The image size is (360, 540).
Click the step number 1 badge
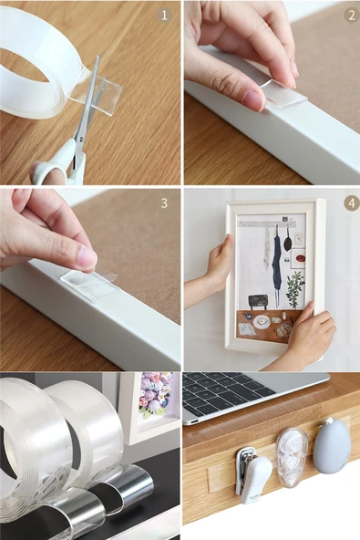pos(165,16)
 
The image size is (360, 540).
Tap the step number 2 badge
pos(351,16)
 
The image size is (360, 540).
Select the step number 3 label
pos(164,202)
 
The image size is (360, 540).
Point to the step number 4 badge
pos(352,203)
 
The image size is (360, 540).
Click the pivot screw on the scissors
pos(81,140)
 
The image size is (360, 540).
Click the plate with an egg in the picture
pos(262,322)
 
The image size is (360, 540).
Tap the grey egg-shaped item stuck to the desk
pos(332,446)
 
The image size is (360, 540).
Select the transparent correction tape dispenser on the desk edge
pos(292,457)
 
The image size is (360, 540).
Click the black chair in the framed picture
pos(258,302)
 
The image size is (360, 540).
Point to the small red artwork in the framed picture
pos(300,259)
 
